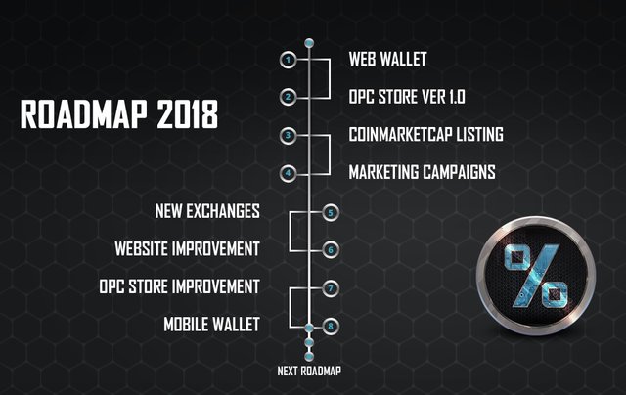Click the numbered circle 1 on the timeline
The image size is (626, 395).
tap(288, 61)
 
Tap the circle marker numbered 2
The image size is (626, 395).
tap(288, 97)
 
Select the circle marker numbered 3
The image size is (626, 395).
tap(288, 136)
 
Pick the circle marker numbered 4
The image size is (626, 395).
tap(288, 174)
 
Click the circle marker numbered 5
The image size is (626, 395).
tap(331, 213)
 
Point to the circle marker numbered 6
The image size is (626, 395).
tap(331, 250)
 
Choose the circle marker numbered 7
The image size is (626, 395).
tap(331, 288)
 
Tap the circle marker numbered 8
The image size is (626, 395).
tap(331, 326)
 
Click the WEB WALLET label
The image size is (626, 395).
tap(387, 59)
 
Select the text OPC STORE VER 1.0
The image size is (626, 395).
tap(407, 97)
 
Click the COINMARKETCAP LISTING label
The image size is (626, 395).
tap(426, 135)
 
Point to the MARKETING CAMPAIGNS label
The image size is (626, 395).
tap(422, 172)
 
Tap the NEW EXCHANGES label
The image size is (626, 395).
tap(207, 211)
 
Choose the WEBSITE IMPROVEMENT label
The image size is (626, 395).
tap(187, 248)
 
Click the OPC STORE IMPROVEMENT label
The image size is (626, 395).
tap(180, 286)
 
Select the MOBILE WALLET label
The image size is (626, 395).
tap(212, 325)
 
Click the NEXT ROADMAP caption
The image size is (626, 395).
tap(309, 372)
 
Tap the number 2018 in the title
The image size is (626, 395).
tap(188, 114)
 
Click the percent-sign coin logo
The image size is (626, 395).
tap(536, 276)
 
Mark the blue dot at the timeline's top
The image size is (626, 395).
tap(309, 43)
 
